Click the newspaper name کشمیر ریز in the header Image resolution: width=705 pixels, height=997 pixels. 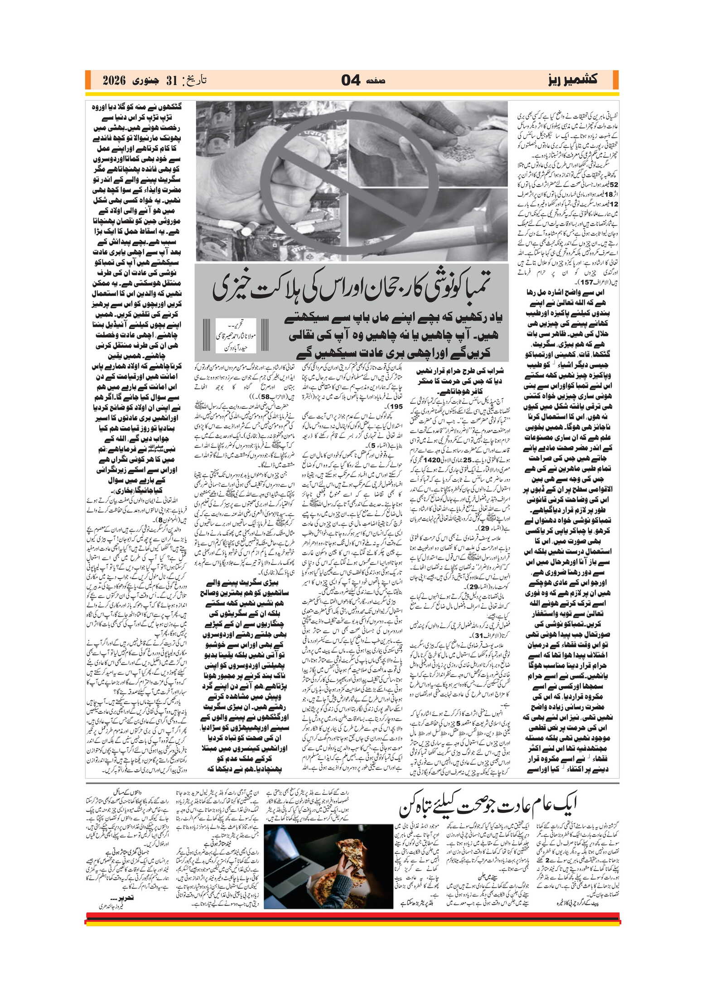point(572,80)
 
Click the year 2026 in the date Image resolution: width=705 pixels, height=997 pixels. point(113,81)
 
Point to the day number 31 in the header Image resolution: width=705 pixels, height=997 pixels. point(171,81)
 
